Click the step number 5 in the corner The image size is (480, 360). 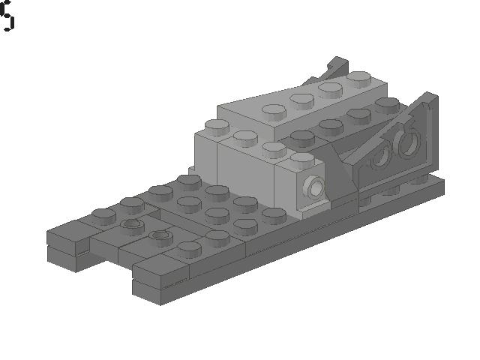(x=7, y=16)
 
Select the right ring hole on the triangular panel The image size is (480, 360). (x=409, y=142)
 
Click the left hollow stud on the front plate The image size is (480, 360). (x=131, y=224)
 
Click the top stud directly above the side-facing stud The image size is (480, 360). (x=302, y=160)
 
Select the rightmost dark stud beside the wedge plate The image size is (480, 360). (x=388, y=104)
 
